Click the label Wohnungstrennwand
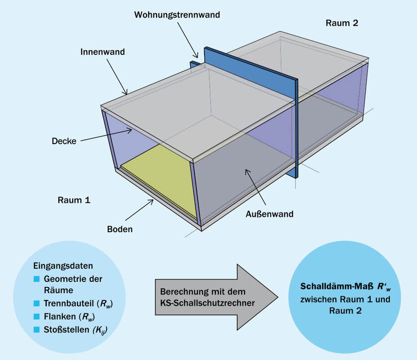click(x=177, y=15)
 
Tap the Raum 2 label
click(x=342, y=23)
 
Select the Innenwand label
click(x=103, y=52)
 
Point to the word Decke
click(x=65, y=141)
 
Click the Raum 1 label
click(x=74, y=200)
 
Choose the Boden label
click(x=120, y=229)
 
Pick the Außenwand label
click(x=269, y=214)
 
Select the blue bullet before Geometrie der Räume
click(x=37, y=279)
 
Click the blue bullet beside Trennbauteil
click(x=37, y=304)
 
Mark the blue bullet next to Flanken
click(x=37, y=317)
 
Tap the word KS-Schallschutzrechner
click(x=208, y=303)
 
